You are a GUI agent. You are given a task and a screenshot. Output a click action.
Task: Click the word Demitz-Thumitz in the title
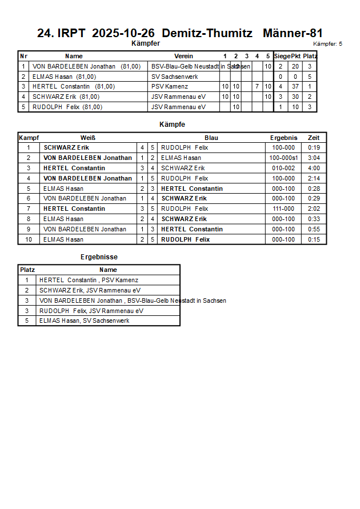pyautogui.click(x=211, y=33)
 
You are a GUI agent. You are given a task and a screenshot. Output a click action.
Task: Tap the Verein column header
pyautogui.click(x=183, y=56)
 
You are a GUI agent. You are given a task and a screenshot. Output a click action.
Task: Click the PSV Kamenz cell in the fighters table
pyautogui.click(x=170, y=86)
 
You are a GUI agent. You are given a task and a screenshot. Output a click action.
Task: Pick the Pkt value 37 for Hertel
pyautogui.click(x=295, y=86)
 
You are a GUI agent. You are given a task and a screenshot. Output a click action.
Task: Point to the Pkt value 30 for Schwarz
pyautogui.click(x=295, y=97)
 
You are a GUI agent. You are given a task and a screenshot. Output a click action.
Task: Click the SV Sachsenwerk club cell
pyautogui.click(x=174, y=77)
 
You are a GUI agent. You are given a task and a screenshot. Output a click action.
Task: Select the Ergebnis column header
pyautogui.click(x=283, y=138)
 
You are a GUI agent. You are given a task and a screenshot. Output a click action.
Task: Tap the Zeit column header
pyautogui.click(x=314, y=138)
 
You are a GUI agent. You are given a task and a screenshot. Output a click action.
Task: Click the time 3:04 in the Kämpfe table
pyautogui.click(x=314, y=158)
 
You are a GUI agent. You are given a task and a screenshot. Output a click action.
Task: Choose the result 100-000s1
pyautogui.click(x=283, y=158)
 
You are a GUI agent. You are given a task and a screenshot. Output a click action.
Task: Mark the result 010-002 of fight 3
pyautogui.click(x=283, y=168)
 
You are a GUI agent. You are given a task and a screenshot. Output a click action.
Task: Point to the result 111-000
pyautogui.click(x=283, y=209)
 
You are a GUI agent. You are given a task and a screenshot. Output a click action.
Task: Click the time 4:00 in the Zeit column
pyautogui.click(x=314, y=168)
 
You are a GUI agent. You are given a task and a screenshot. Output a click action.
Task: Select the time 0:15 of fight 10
pyautogui.click(x=314, y=239)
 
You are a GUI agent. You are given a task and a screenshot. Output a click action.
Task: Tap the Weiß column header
pyautogui.click(x=87, y=138)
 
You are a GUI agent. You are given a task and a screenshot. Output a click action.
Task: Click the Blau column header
pyautogui.click(x=211, y=138)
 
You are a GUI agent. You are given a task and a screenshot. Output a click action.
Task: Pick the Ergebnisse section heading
pyautogui.click(x=99, y=257)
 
